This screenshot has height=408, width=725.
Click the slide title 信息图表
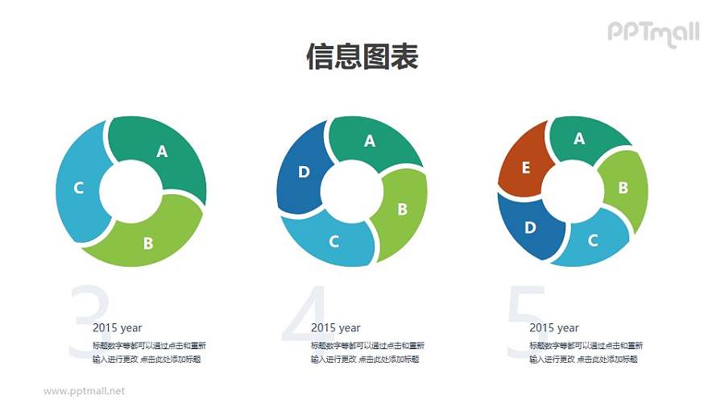point(362,57)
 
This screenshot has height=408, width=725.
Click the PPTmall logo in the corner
point(653,33)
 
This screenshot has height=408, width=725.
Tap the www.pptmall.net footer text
point(84,391)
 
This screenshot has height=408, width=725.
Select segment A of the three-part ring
point(161,151)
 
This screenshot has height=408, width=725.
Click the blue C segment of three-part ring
point(79,189)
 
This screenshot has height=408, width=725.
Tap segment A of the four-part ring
point(370,142)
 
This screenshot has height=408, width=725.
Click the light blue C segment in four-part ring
point(334,239)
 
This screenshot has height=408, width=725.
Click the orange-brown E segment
point(525,167)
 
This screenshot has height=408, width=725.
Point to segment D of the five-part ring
point(529,227)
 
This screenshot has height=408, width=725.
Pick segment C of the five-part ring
point(593,240)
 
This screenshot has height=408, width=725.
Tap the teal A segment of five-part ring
point(578,139)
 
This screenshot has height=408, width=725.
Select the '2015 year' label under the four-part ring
point(335,327)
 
